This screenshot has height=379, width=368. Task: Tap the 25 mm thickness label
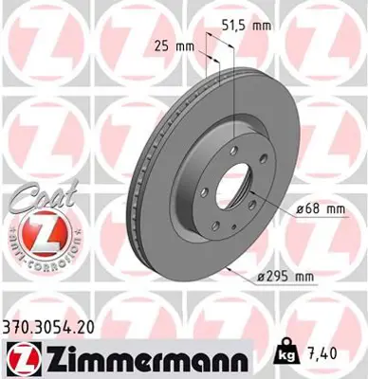(x=173, y=45)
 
